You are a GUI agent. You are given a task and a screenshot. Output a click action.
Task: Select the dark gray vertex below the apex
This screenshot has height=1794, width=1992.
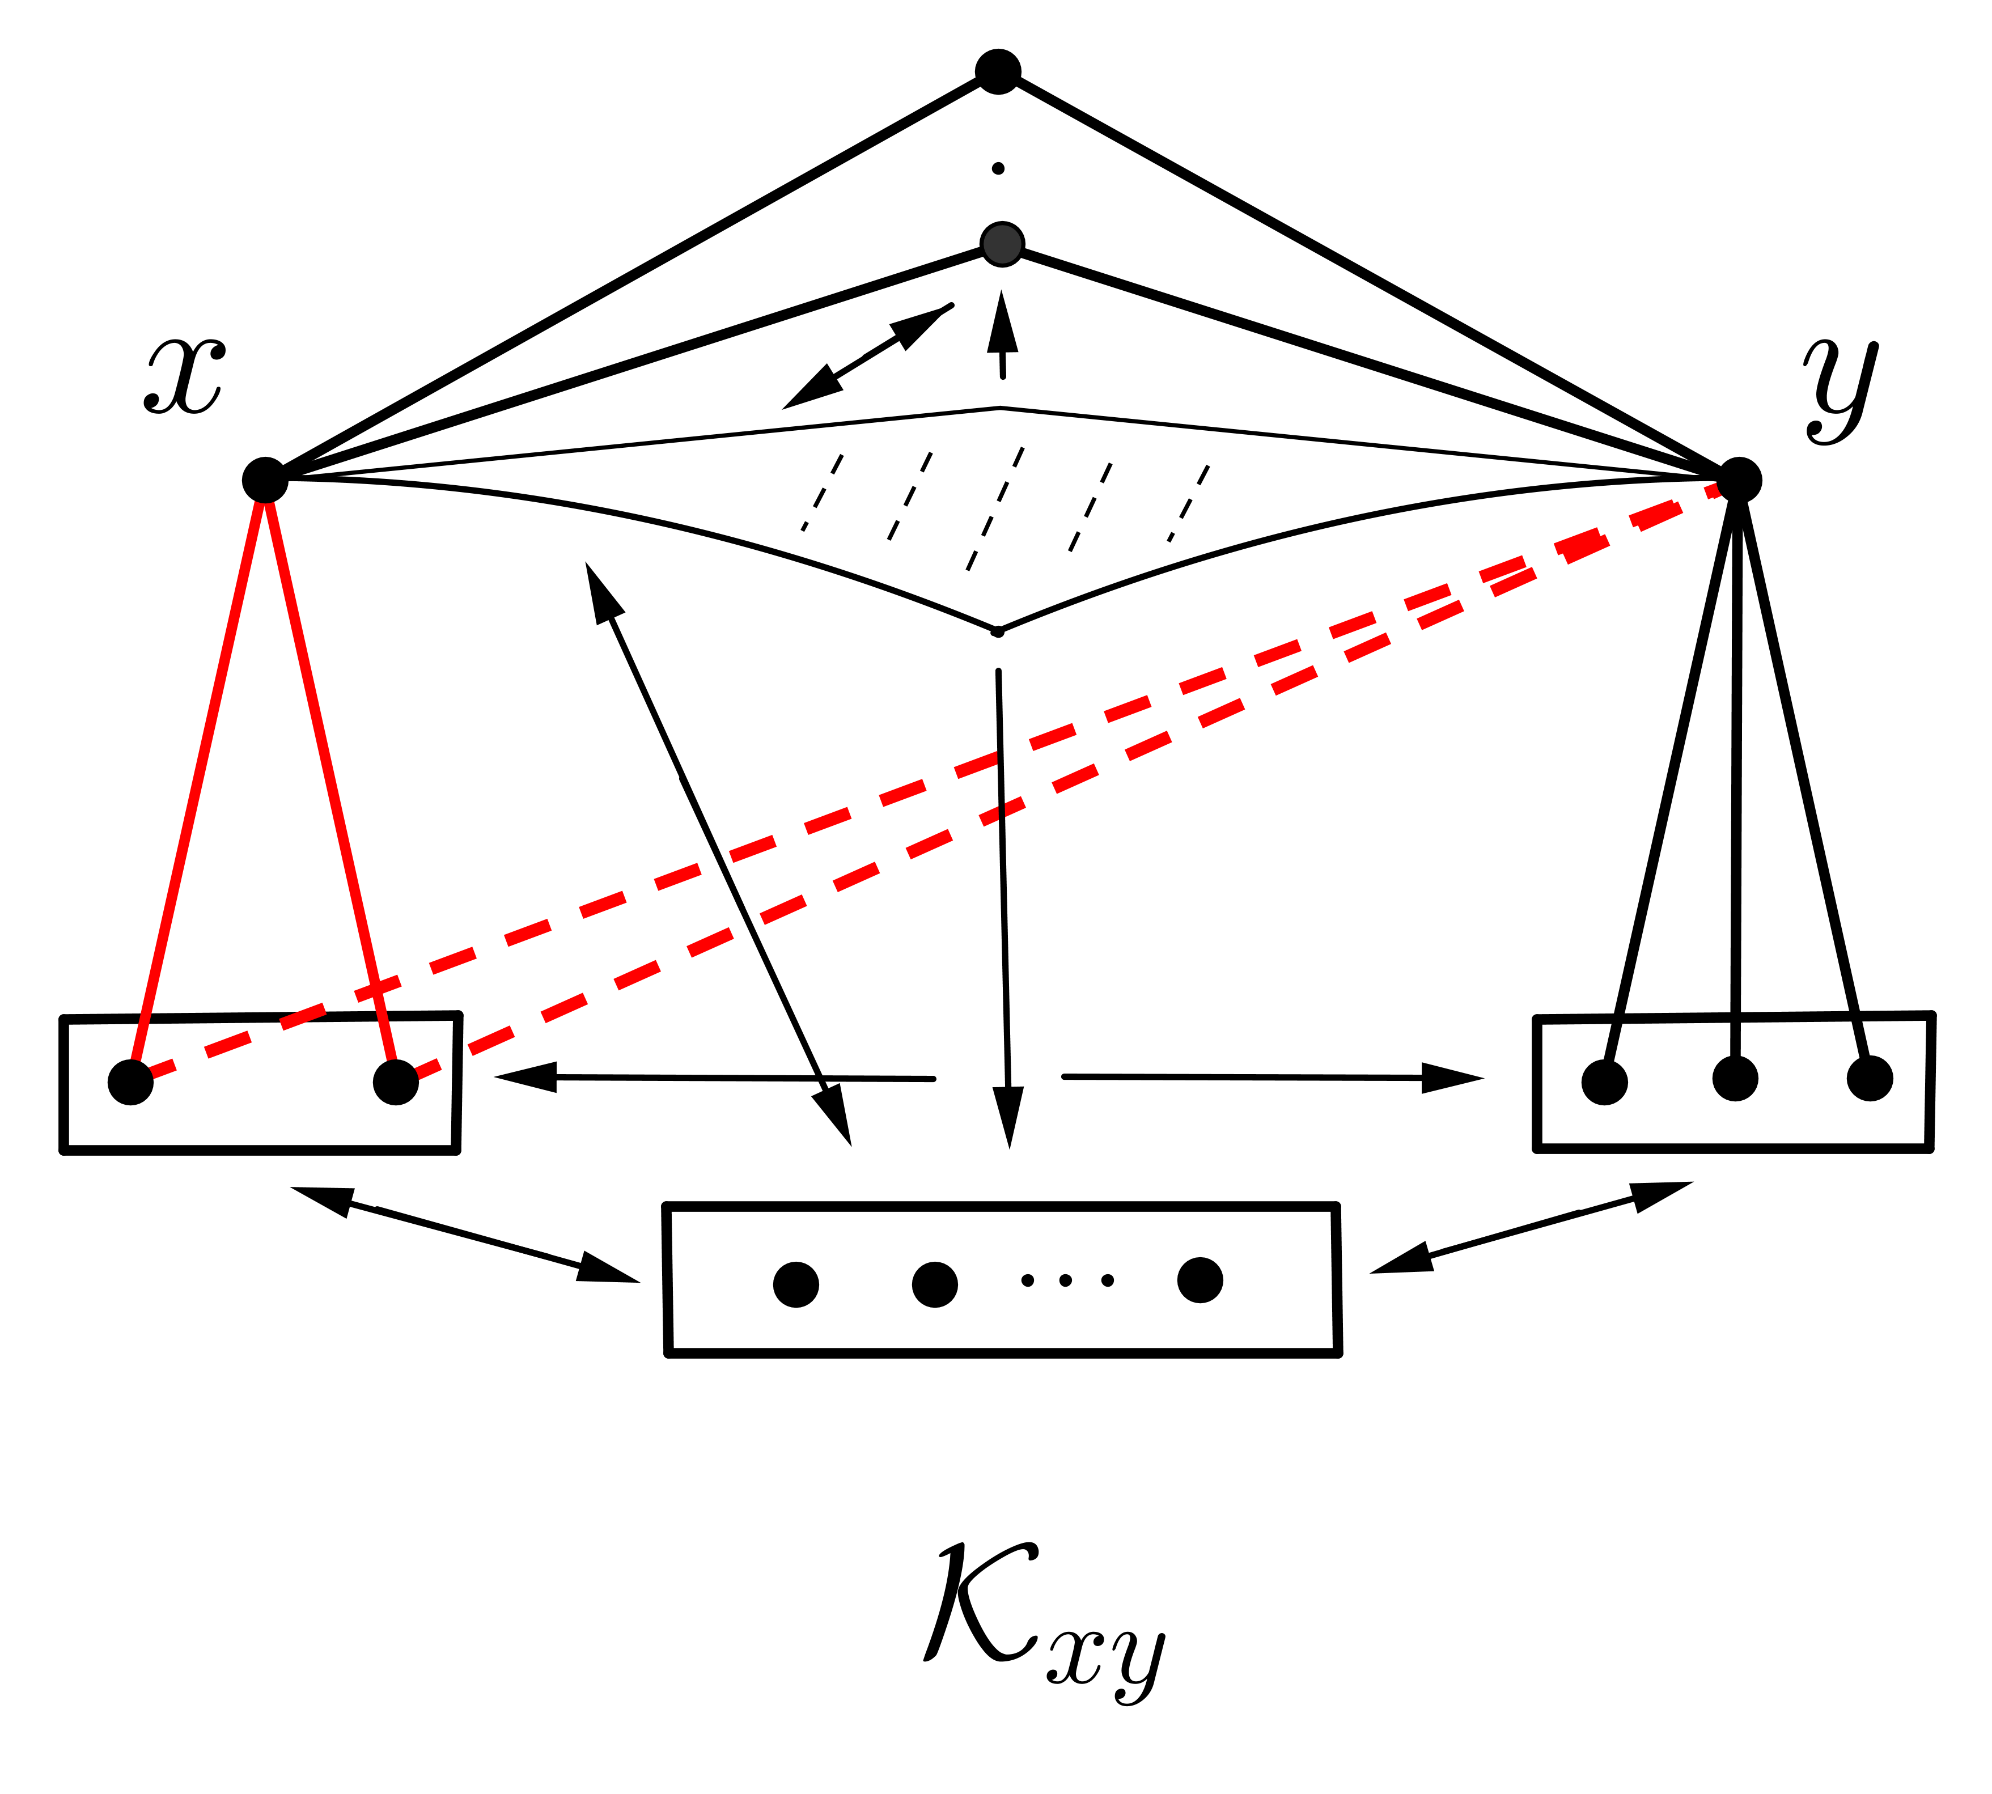[x=1002, y=244]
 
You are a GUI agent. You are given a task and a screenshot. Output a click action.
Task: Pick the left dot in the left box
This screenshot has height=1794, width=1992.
[x=131, y=1082]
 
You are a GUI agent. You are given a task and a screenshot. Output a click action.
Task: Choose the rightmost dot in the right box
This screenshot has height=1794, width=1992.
[x=1870, y=1078]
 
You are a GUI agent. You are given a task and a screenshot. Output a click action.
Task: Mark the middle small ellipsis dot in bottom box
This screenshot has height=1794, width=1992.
[x=1066, y=1280]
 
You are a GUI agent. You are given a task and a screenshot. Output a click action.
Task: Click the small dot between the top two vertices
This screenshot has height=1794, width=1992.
[x=998, y=168]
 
